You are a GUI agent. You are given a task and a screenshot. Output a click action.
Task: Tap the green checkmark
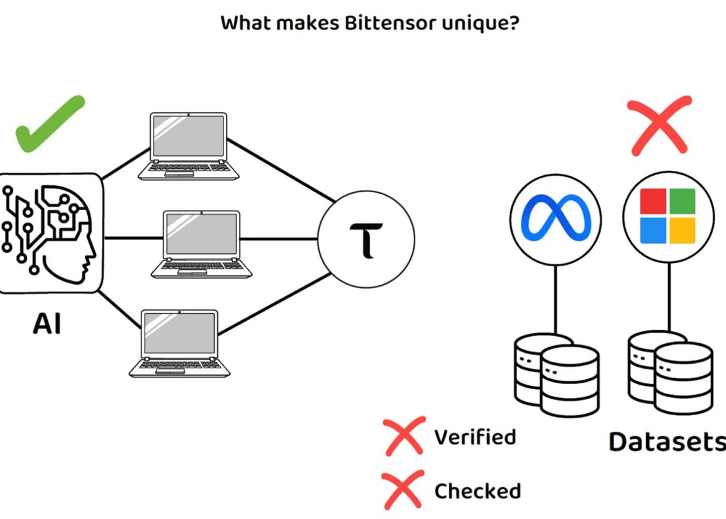click(x=50, y=124)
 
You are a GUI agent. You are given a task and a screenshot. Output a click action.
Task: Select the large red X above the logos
click(x=658, y=125)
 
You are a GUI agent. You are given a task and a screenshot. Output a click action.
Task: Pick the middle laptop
click(x=202, y=244)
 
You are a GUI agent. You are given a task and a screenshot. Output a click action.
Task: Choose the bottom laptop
click(x=180, y=343)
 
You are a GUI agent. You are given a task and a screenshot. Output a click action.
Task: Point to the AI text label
click(x=47, y=323)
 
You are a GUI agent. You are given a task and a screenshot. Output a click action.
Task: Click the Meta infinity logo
click(x=555, y=218)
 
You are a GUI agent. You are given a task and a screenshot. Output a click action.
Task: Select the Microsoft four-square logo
click(x=667, y=216)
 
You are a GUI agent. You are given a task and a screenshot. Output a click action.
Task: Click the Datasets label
click(x=666, y=441)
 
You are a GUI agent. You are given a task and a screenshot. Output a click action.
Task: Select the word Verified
click(x=474, y=437)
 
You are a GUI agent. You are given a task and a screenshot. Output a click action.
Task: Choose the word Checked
click(x=477, y=491)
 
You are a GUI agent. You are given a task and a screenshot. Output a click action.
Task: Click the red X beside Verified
click(x=404, y=436)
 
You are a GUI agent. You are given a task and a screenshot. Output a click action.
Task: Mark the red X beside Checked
click(x=403, y=490)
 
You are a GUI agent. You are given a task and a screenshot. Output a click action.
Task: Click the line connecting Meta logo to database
click(x=556, y=299)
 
